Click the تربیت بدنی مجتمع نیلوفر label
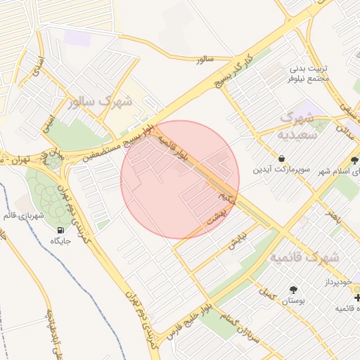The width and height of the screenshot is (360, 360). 309,74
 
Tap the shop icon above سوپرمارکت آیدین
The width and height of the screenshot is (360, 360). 281,158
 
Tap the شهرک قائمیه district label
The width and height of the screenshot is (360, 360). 304,257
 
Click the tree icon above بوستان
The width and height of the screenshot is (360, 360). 292,289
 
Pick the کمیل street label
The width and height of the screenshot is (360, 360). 267,289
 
